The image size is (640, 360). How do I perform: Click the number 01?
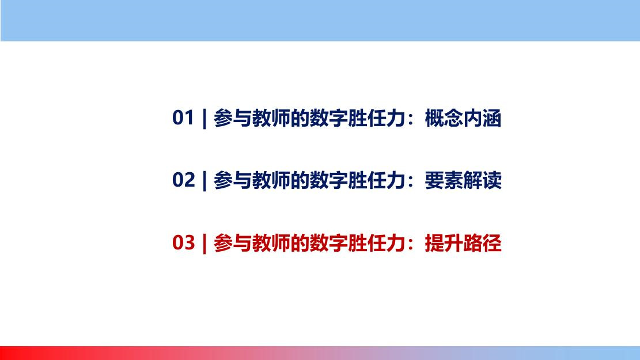[x=183, y=118]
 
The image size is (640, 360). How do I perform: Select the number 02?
[x=183, y=180]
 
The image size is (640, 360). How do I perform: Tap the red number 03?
[x=183, y=242]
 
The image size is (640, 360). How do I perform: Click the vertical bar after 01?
[x=205, y=119]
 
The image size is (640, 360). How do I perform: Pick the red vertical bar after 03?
[x=205, y=244]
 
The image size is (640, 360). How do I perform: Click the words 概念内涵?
[x=463, y=118]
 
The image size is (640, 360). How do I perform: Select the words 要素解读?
[x=463, y=181]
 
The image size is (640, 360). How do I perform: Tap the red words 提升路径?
[x=463, y=243]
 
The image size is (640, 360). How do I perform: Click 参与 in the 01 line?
[x=233, y=118]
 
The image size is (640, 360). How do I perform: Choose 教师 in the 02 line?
[x=271, y=181]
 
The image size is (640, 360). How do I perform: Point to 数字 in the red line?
[x=328, y=243]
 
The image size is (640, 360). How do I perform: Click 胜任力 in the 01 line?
[x=377, y=118]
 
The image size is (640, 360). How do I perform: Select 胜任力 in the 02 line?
[x=377, y=181]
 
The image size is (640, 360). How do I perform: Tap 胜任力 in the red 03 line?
[x=377, y=243]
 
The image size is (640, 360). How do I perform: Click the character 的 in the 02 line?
[x=300, y=181]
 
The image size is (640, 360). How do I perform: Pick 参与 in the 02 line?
[x=233, y=181]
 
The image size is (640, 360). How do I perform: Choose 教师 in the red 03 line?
[x=271, y=243]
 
